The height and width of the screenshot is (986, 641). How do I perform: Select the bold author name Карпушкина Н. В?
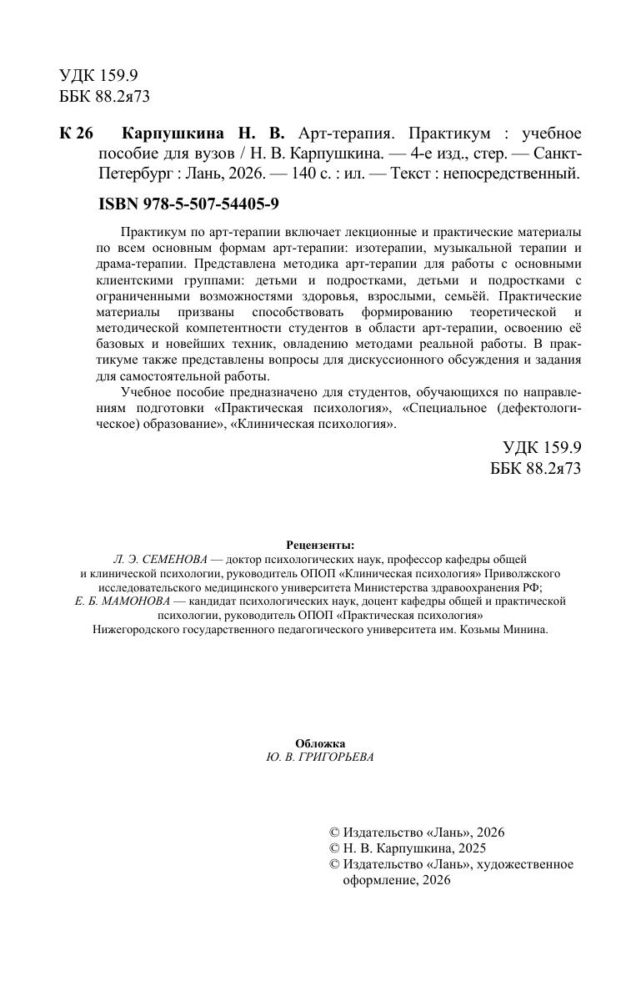(x=203, y=133)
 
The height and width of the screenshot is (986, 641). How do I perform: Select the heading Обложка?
(x=320, y=743)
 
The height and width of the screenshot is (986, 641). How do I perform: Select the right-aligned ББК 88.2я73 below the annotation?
(x=535, y=469)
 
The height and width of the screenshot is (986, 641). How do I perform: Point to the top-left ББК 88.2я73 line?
(x=105, y=96)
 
